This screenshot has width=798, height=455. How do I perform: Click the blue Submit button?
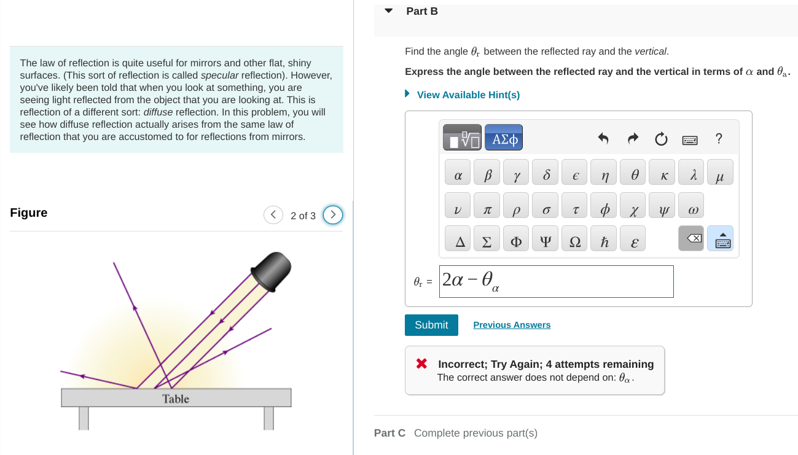pos(431,325)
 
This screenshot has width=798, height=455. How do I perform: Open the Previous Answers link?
pos(512,325)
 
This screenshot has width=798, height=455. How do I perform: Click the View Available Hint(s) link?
pos(468,95)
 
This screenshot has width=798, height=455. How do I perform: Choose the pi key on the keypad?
pos(487,210)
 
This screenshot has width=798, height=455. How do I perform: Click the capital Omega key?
pos(576,242)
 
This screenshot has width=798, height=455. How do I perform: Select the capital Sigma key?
pos(487,242)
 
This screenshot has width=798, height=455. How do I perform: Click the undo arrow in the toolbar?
pos(603,139)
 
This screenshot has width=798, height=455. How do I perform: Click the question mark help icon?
pos(718,139)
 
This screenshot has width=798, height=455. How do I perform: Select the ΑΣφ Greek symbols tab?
pos(504,139)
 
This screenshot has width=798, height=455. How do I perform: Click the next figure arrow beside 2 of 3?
pos(333,216)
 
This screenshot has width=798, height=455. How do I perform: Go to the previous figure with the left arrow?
pos(273,216)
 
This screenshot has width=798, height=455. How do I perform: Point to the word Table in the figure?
pos(176,399)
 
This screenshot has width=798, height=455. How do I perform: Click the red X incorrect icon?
pos(421,364)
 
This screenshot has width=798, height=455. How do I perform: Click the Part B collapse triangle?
pos(388,11)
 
